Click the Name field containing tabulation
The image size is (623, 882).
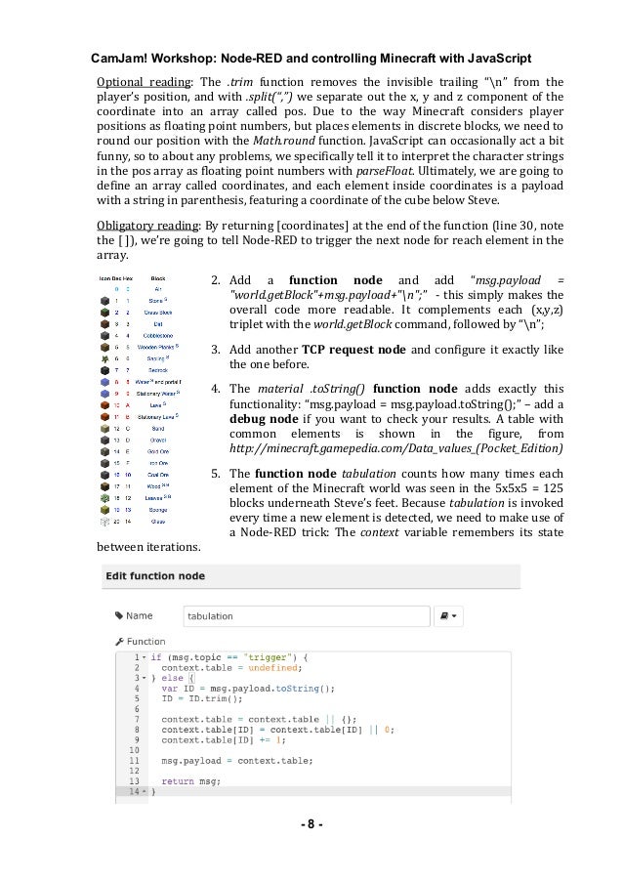click(308, 616)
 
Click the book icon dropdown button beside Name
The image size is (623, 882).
click(451, 616)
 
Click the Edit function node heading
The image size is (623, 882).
click(168, 577)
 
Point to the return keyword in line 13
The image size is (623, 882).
click(178, 780)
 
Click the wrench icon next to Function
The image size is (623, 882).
click(119, 642)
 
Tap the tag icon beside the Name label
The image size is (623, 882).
click(119, 616)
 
